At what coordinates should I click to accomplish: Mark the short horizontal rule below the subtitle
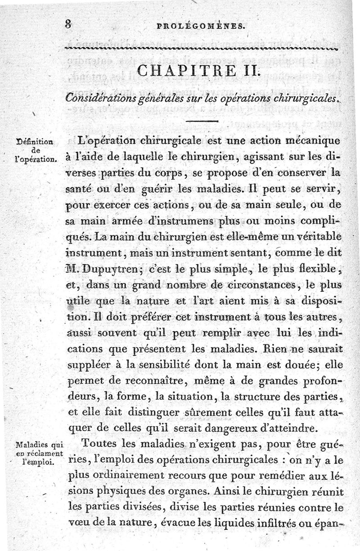[202, 121]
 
